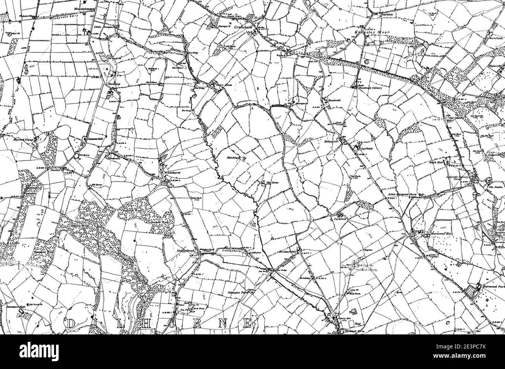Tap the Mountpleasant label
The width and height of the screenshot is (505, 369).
click(x=85, y=8)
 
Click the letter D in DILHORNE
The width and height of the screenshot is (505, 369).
click(x=71, y=324)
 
